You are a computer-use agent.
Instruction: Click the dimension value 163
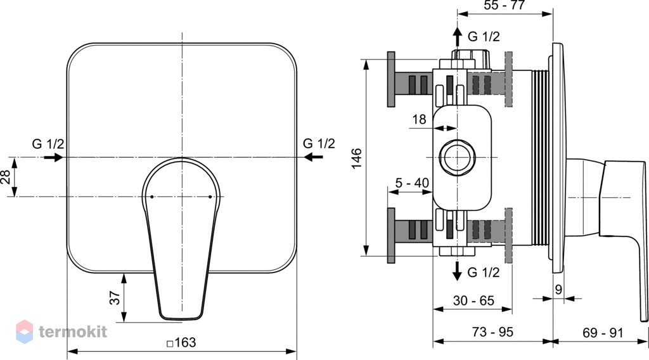click(184, 343)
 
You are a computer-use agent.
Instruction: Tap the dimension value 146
click(356, 158)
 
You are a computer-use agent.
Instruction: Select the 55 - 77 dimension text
click(504, 5)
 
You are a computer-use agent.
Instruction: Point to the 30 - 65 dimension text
click(473, 300)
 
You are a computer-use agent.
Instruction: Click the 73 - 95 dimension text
click(492, 332)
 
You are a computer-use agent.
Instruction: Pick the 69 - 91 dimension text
click(603, 333)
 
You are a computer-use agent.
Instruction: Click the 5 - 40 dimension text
click(412, 183)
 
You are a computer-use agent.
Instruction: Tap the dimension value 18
click(419, 119)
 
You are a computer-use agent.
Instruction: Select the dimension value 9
click(558, 289)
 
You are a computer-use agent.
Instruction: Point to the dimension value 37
click(115, 297)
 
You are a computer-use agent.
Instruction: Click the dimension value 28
click(5, 177)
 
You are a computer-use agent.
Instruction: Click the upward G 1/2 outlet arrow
click(458, 37)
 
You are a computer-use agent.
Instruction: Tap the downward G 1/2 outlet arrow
click(458, 271)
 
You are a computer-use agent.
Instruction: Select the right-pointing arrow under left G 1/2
click(53, 157)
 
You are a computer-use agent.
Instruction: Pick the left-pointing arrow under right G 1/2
click(313, 157)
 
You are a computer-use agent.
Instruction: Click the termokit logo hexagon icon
click(25, 331)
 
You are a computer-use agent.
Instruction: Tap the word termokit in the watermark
click(73, 332)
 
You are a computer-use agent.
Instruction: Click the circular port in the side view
click(457, 157)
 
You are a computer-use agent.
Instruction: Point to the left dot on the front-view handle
click(152, 196)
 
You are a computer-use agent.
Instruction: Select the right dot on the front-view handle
click(210, 196)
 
